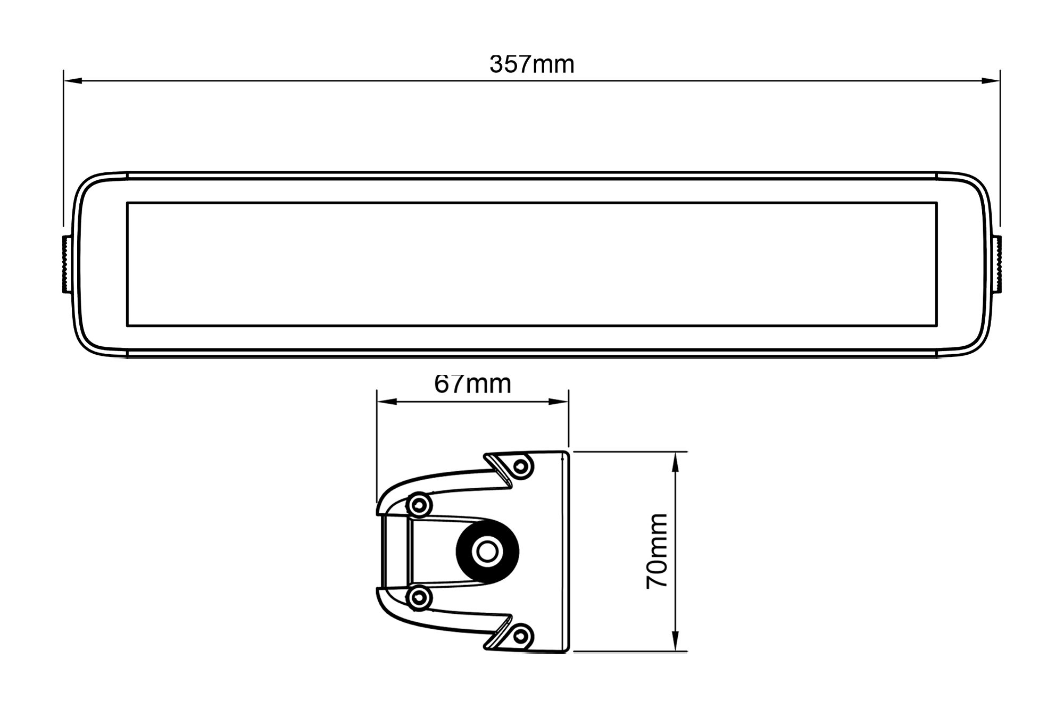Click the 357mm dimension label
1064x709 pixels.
click(531, 65)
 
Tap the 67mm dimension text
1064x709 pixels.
click(472, 384)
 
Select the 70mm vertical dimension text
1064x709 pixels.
click(657, 551)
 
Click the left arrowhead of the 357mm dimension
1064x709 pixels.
click(73, 81)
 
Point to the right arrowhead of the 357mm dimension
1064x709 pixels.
click(991, 81)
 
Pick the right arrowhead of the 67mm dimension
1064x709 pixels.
click(559, 402)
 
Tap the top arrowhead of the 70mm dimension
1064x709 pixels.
click(676, 461)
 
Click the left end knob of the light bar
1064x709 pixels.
click(66, 264)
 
